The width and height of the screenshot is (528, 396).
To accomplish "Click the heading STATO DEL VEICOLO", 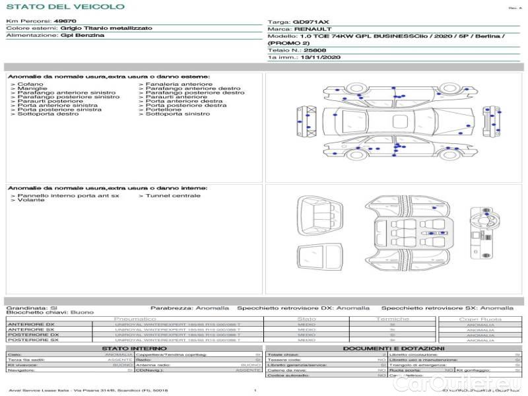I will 65,7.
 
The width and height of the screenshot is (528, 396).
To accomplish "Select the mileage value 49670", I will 65,21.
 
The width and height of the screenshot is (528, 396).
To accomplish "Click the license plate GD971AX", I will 311,22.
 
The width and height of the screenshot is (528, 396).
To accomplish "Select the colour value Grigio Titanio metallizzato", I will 106,28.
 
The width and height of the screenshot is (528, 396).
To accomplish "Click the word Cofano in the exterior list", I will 30,84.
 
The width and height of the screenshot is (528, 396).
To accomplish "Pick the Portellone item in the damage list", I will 164,110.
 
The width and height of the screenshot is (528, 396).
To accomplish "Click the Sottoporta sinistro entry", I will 178,114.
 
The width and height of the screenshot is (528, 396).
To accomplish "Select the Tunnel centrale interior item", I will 173,196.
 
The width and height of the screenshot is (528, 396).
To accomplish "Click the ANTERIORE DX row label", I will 31,324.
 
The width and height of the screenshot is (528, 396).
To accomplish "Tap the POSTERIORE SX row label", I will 32,340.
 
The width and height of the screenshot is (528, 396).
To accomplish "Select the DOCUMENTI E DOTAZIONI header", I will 393,348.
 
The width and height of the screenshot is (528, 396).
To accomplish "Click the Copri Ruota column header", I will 480,319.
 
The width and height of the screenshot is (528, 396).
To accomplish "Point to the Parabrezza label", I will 170,308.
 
